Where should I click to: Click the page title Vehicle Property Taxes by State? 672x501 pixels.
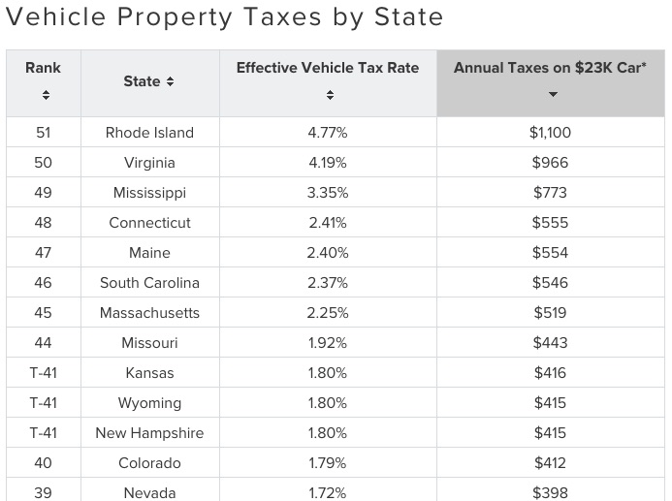pyautogui.click(x=225, y=17)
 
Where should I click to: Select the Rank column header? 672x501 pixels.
pyautogui.click(x=43, y=68)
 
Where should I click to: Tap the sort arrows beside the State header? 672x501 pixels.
pyautogui.click(x=171, y=82)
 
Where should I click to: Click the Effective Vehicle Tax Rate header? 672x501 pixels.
pyautogui.click(x=328, y=68)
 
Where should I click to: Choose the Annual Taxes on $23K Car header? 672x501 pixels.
pyautogui.click(x=550, y=68)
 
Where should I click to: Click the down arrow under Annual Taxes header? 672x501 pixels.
pyautogui.click(x=552, y=95)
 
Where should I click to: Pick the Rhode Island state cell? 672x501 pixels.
pyautogui.click(x=149, y=133)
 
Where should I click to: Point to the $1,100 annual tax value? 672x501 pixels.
pyautogui.click(x=550, y=133)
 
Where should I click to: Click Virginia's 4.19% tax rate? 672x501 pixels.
pyautogui.click(x=328, y=163)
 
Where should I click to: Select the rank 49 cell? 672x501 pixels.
pyautogui.click(x=43, y=193)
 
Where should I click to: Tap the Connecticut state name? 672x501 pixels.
pyautogui.click(x=149, y=223)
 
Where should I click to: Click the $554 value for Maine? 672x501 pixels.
pyautogui.click(x=550, y=253)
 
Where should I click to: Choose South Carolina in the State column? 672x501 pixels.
pyautogui.click(x=149, y=283)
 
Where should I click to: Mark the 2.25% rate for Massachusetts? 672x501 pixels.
pyautogui.click(x=328, y=313)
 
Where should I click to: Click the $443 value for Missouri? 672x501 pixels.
pyautogui.click(x=550, y=343)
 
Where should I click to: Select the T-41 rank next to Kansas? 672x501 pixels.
pyautogui.click(x=43, y=373)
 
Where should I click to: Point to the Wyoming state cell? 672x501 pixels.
pyautogui.click(x=149, y=403)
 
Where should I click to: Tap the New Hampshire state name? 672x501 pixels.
pyautogui.click(x=149, y=433)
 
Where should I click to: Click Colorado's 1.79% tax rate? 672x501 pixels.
pyautogui.click(x=328, y=463)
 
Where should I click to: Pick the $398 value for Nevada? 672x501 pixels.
pyautogui.click(x=550, y=492)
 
